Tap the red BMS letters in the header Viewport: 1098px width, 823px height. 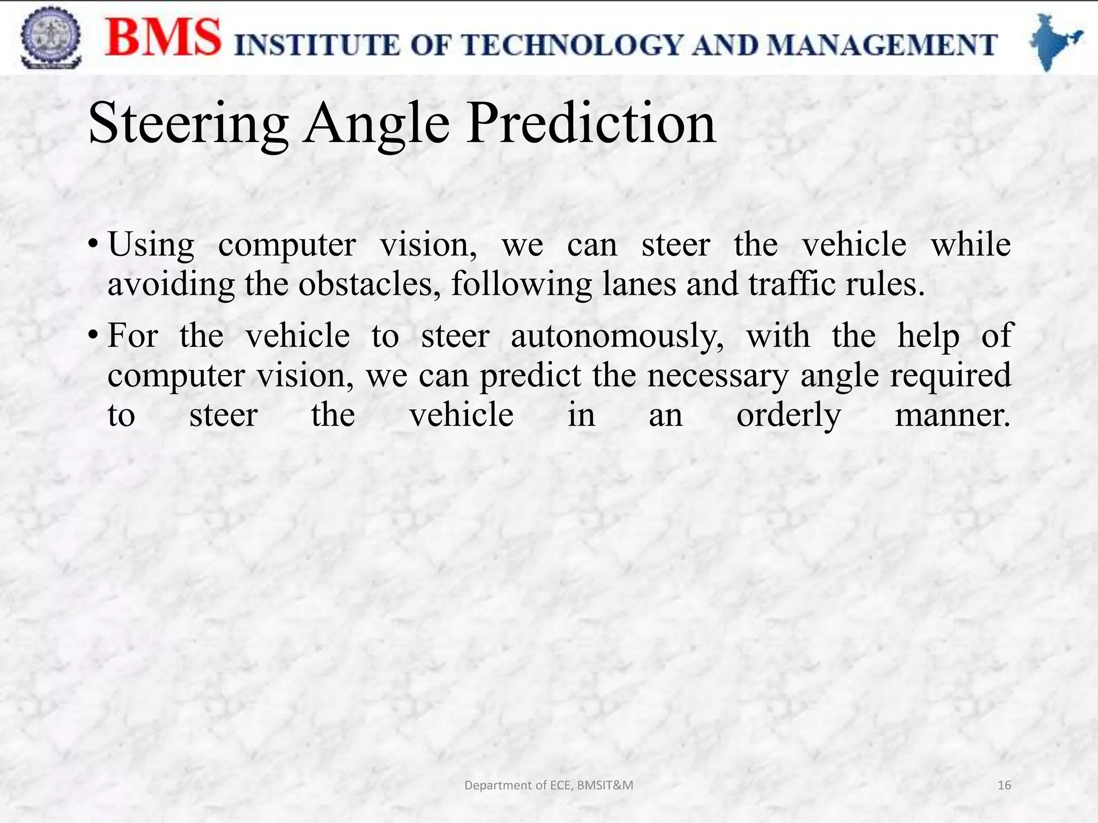(163, 38)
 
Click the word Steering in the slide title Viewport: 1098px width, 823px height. (189, 124)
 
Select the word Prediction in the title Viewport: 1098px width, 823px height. (591, 124)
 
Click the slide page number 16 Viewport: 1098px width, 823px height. (1004, 785)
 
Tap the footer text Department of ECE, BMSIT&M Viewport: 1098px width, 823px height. (548, 785)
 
